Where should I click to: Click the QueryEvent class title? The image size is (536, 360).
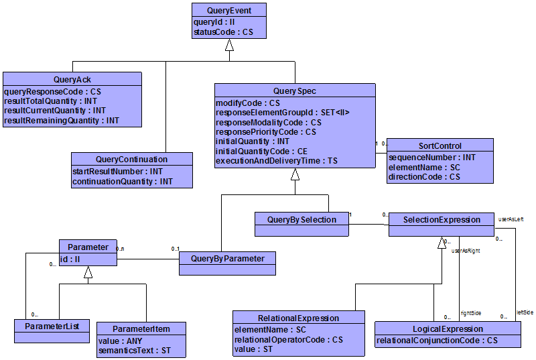point(229,9)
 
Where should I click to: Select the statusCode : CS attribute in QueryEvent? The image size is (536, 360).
point(224,32)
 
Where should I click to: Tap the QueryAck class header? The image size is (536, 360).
point(72,79)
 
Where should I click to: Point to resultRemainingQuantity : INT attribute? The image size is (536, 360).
point(62,121)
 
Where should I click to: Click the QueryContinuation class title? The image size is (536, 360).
point(132,160)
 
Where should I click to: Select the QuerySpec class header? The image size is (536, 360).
point(295,91)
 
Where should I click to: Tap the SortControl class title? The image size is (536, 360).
point(440,145)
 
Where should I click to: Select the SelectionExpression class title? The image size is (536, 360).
point(443,219)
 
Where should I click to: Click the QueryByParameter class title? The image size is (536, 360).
point(228,258)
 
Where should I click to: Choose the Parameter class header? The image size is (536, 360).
point(88,247)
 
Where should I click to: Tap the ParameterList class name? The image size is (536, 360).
point(52,326)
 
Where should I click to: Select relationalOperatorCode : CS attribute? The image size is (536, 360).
point(289,340)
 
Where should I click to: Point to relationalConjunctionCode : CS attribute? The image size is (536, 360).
point(438,341)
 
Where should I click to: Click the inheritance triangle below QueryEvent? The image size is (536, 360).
point(229,45)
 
